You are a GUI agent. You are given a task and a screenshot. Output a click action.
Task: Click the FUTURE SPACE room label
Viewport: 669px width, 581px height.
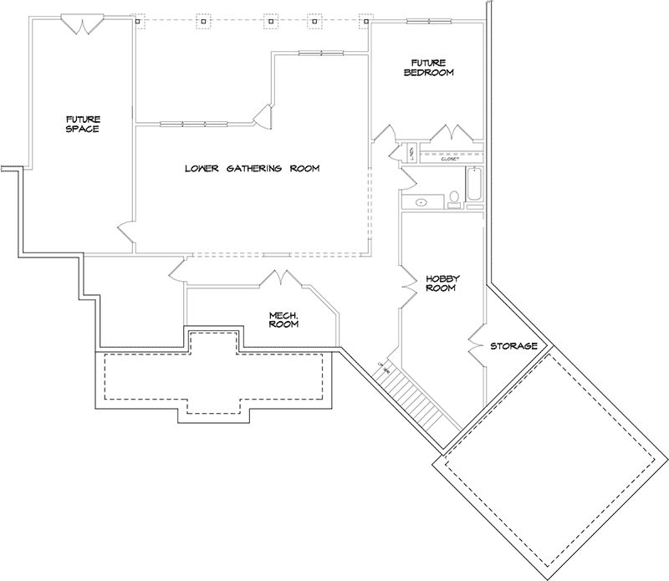click(83, 125)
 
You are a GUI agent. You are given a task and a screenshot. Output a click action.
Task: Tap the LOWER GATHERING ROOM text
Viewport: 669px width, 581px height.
click(253, 169)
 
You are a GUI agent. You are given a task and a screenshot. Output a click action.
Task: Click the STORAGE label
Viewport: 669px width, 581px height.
click(513, 345)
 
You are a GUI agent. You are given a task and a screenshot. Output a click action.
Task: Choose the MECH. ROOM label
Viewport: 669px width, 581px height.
click(283, 320)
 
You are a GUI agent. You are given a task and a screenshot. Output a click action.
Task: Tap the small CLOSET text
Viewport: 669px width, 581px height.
click(451, 159)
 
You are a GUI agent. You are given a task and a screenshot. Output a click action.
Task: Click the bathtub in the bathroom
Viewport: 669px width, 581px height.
click(474, 184)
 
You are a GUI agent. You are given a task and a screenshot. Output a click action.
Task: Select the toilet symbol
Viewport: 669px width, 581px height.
click(454, 198)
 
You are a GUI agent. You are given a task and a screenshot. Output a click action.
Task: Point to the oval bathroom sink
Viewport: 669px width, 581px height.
click(421, 201)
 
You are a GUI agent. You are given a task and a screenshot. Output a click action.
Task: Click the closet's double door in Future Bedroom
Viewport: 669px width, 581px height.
click(452, 134)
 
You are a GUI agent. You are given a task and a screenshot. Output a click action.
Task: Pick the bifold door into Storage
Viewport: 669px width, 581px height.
click(475, 344)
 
